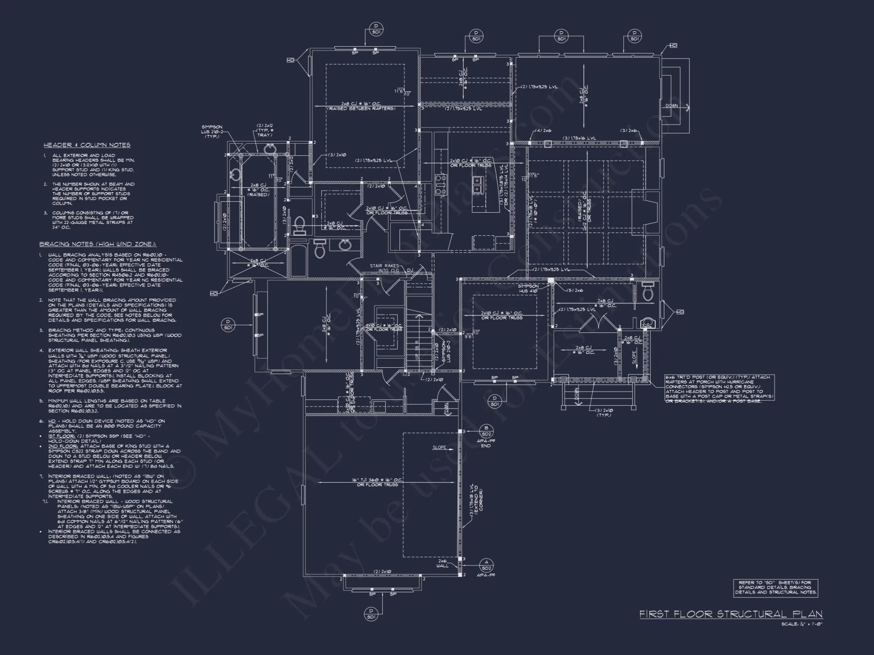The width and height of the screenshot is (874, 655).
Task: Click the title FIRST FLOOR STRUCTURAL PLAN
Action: (731, 614)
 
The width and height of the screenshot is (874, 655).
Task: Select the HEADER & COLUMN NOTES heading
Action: (87, 145)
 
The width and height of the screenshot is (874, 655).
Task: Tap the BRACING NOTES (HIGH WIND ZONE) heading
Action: (98, 244)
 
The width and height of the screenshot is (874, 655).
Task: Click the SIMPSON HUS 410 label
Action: (528, 289)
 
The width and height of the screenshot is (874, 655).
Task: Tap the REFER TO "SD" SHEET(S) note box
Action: (775, 588)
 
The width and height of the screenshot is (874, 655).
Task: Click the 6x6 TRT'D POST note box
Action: (719, 389)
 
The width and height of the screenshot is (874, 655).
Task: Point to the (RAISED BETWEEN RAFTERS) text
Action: (361, 109)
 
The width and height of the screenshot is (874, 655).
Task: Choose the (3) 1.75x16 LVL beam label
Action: (579, 138)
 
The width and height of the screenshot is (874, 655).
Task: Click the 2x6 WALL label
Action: (442, 563)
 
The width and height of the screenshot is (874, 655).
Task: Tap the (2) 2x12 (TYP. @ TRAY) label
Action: (265, 130)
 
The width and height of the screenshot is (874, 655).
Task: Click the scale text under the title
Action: (802, 624)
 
